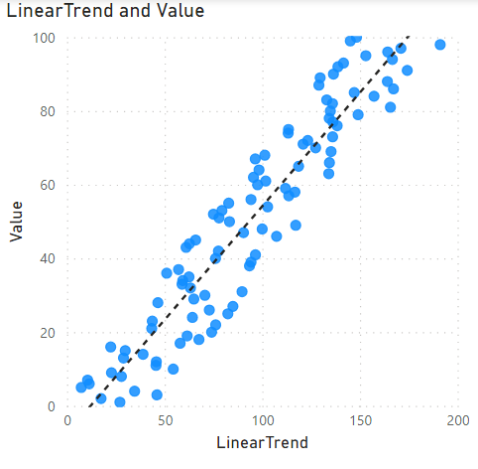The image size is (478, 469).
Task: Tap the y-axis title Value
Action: pos(15,221)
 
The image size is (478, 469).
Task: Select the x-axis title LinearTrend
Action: pos(262,442)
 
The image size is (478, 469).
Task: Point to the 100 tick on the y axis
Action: pos(43,38)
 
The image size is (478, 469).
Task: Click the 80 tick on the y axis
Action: pos(47,111)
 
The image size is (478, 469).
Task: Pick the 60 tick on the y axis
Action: pos(47,185)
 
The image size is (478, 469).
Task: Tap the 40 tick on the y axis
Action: pos(47,258)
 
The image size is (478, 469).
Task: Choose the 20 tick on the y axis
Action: pos(47,332)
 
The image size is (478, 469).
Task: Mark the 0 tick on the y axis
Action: pos(51,405)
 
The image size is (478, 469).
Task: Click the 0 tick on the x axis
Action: pos(66,421)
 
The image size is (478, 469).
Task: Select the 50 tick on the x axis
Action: pos(165,421)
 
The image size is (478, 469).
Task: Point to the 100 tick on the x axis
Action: pos(262,421)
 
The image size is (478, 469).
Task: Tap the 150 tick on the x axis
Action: pos(360,421)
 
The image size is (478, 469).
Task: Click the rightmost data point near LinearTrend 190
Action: pos(440,45)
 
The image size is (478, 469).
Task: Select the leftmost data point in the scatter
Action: pos(81,388)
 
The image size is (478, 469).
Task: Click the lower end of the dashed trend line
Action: pos(90,405)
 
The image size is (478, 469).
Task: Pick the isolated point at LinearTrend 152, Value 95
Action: pos(365,56)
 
